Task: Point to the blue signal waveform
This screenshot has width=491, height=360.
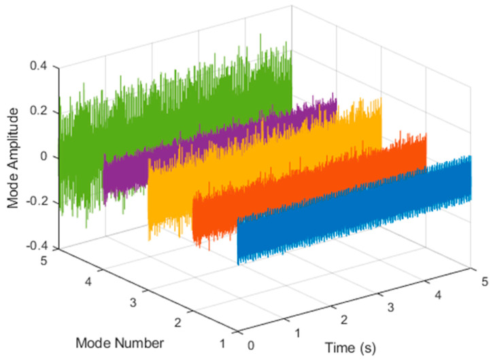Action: point(354,211)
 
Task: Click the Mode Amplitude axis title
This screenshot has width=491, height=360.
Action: point(13,157)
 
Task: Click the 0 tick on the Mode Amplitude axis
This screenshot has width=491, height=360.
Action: point(44,157)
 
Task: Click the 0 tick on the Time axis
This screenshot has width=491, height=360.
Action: point(252,345)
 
